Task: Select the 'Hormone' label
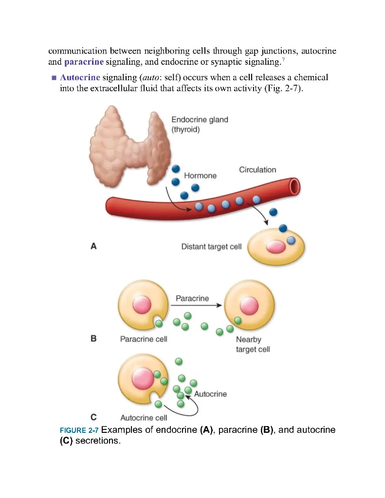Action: click(x=200, y=175)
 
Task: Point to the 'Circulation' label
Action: click(x=257, y=170)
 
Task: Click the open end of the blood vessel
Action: click(x=294, y=186)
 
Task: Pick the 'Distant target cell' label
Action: click(x=211, y=247)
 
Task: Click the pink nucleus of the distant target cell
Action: click(x=275, y=247)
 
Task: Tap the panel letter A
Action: click(x=93, y=247)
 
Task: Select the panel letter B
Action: click(x=93, y=339)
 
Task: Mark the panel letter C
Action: click(x=93, y=417)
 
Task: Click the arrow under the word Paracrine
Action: click(x=196, y=305)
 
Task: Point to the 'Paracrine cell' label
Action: click(x=144, y=339)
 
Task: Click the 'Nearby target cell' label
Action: click(x=252, y=344)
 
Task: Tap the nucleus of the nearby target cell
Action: click(x=249, y=306)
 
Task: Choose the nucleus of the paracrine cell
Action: click(x=145, y=305)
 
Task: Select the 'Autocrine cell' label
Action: click(x=144, y=418)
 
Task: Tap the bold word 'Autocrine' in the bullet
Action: click(x=80, y=77)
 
